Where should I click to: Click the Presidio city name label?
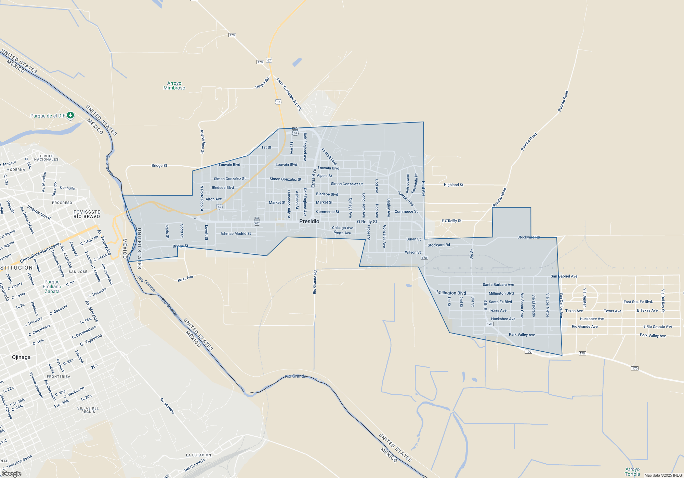309,221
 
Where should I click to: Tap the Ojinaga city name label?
21,357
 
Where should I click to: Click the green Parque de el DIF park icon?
70,115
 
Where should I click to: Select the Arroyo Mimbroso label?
174,85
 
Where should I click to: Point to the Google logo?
12,474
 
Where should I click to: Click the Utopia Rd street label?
262,83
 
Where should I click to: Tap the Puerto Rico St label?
202,142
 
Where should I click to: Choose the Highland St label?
453,185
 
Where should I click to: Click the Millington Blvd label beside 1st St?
451,293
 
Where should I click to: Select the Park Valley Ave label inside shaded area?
522,335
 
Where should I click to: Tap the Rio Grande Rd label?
315,282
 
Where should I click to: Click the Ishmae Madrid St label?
236,234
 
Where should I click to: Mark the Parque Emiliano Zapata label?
52,286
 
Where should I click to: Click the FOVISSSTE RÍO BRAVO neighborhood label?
87,214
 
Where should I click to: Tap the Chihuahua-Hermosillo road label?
40,253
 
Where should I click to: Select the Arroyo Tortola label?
632,472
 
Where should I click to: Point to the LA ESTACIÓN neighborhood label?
199,455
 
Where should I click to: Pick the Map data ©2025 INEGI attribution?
663,475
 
